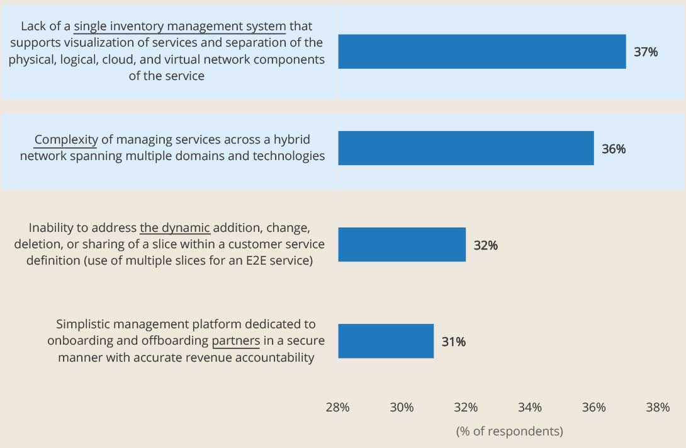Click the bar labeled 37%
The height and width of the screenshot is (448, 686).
[x=481, y=52]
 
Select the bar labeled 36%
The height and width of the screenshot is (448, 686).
[x=466, y=148]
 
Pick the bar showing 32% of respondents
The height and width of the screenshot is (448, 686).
[x=402, y=244]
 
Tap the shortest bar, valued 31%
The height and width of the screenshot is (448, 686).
[x=386, y=341]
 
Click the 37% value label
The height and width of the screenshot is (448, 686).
[x=646, y=52]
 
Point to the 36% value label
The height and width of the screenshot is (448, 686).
[x=614, y=149]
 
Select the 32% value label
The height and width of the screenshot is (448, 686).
[x=485, y=246]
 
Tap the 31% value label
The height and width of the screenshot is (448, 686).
[x=453, y=342]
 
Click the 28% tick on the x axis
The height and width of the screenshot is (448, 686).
[x=337, y=408]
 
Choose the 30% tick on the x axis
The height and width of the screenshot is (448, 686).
[x=402, y=408]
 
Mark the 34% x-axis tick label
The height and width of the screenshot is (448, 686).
[x=530, y=408]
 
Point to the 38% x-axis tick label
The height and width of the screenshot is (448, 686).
[x=658, y=408]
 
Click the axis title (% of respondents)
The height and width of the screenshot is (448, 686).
[x=509, y=432]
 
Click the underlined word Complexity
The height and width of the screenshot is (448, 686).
[x=66, y=140]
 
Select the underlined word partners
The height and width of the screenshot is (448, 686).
[x=236, y=341]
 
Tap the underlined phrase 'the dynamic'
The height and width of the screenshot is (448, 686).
[x=175, y=227]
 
